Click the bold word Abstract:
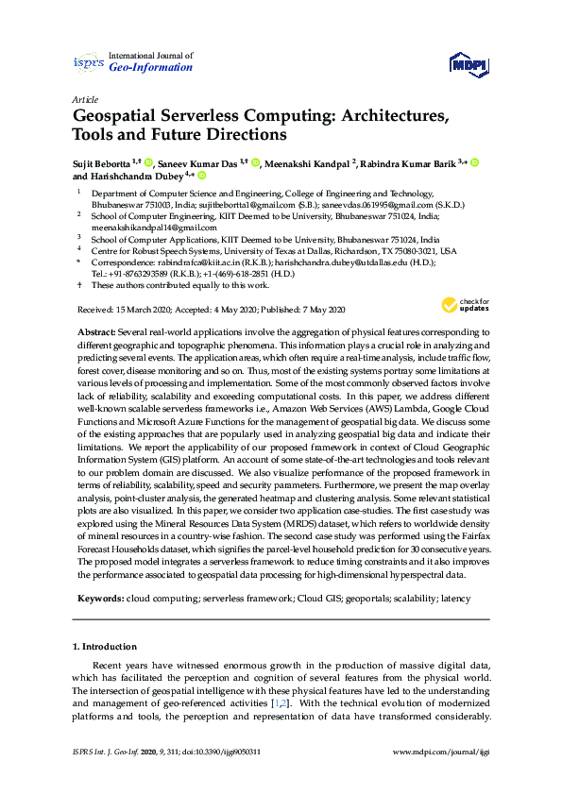pyautogui.click(x=94, y=333)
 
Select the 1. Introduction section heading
pyautogui.click(x=105, y=647)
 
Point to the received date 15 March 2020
pyautogui.click(x=138, y=310)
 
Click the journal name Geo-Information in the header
pyautogui.click(x=151, y=68)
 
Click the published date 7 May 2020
pyautogui.click(x=322, y=310)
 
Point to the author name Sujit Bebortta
pyautogui.click(x=102, y=163)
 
